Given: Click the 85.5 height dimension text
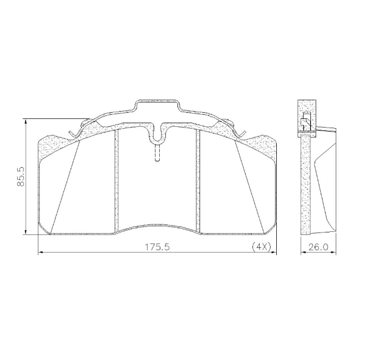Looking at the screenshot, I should tap(21, 176).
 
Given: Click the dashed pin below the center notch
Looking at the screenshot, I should tap(157, 153).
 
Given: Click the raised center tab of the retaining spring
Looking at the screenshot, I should tap(157, 104).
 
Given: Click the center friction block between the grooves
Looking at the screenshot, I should tap(157, 189).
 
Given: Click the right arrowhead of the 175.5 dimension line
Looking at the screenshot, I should tap(273, 252).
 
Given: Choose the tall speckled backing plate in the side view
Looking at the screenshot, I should tap(305, 183).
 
